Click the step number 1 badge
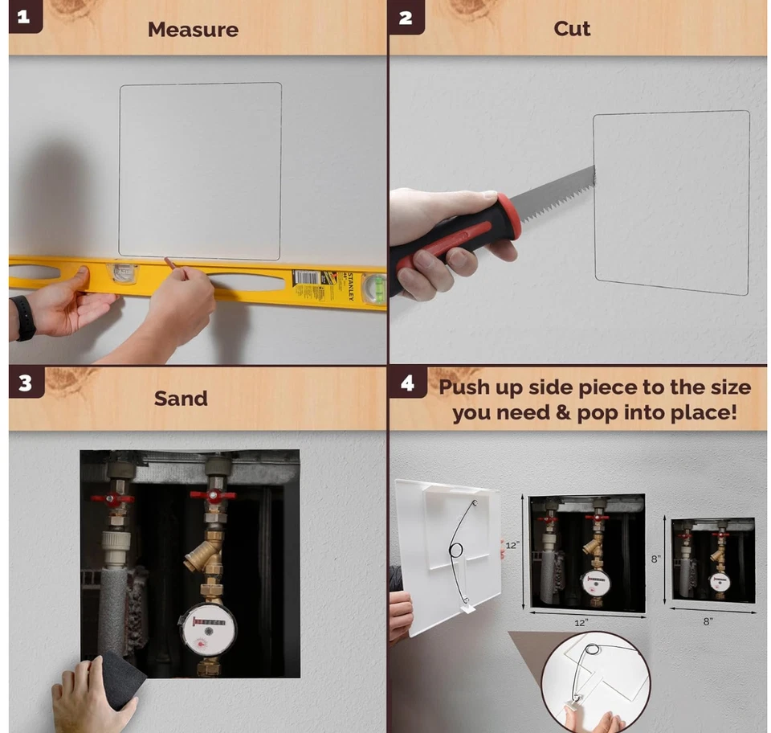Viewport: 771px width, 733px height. point(23,17)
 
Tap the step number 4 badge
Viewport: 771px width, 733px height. point(406,383)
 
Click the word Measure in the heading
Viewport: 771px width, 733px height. point(193,30)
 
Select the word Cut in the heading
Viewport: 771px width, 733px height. point(572,29)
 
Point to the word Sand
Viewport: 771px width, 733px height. point(181,398)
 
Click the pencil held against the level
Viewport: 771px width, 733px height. point(170,263)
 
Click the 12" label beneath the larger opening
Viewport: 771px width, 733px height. point(581,622)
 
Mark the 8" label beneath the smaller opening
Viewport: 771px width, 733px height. point(708,620)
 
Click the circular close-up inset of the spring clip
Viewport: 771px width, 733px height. point(594,679)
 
